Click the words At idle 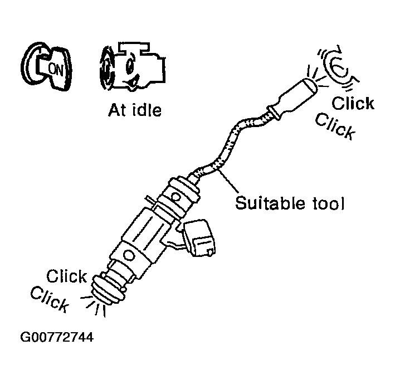[x=134, y=109]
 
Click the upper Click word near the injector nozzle [x=66, y=276]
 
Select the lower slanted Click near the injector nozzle [x=50, y=299]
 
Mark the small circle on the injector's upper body [x=175, y=197]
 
